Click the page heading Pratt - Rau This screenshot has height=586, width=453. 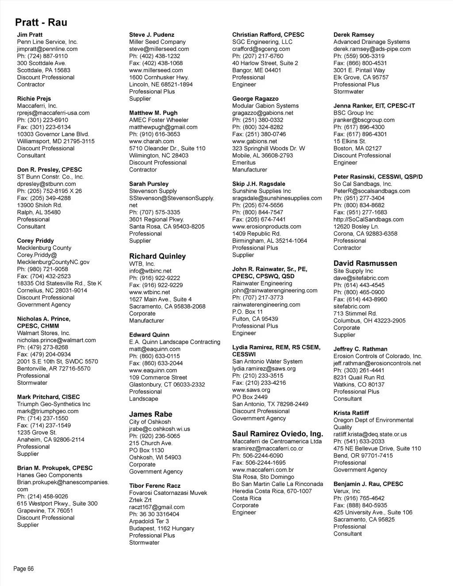tap(41, 22)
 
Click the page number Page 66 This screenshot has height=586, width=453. tap(24, 569)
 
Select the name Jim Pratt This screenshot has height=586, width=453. tap(30, 34)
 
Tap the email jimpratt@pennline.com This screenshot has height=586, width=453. tap(47, 49)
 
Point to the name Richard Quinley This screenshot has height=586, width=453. tap(157, 256)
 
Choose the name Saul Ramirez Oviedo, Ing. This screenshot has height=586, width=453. tap(278, 434)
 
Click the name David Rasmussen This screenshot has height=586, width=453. tap(365, 263)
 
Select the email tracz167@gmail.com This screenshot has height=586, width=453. tap(157, 507)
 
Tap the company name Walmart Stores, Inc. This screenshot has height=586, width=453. tap(44, 333)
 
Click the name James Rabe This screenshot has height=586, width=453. tap(151, 414)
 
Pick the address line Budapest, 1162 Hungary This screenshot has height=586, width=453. tap(161, 529)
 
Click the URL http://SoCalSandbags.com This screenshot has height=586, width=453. tap(369, 219)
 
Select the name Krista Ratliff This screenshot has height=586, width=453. tap(351, 413)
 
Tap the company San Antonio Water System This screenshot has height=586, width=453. tap(268, 362)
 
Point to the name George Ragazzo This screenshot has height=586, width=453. tap(255, 99)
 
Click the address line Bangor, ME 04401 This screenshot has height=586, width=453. tap(257, 70)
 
